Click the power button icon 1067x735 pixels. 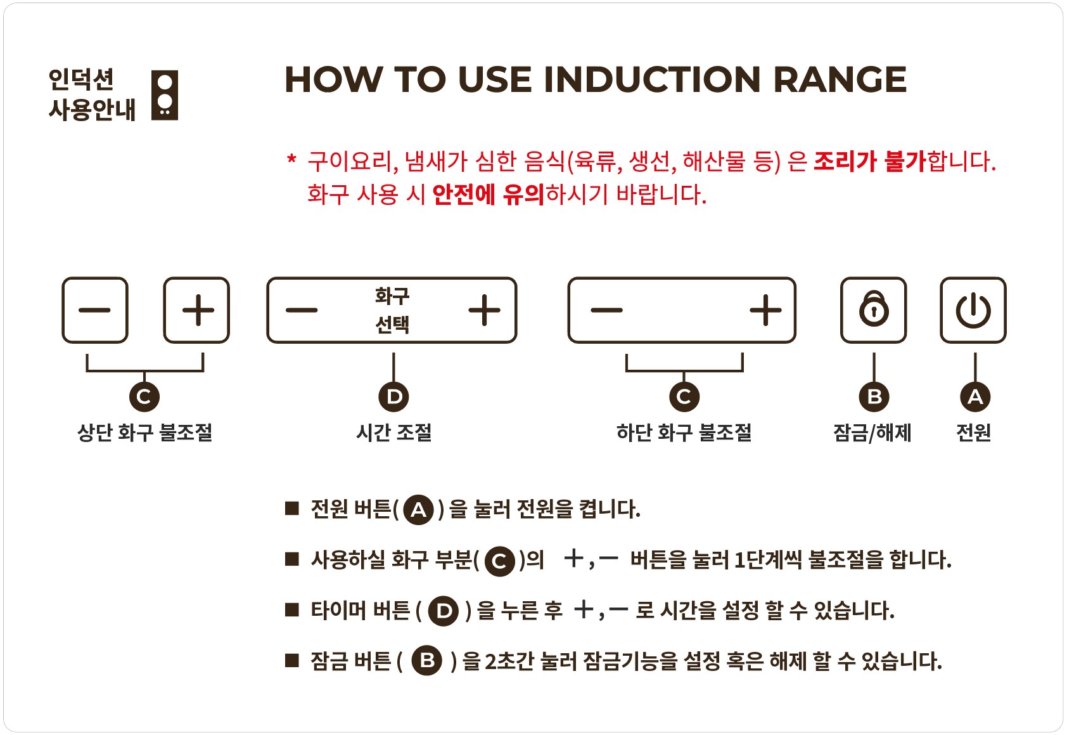[973, 310]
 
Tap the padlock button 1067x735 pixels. [874, 310]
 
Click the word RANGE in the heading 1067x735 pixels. [840, 79]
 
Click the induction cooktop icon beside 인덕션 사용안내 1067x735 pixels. [164, 95]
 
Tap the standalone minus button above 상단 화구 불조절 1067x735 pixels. [95, 310]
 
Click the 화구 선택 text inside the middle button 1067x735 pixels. [392, 310]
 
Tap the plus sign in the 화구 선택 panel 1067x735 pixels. [485, 310]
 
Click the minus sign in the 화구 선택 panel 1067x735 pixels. [302, 310]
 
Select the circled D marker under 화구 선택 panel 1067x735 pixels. [393, 396]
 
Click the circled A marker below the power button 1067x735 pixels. [974, 396]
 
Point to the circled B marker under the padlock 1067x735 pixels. [874, 396]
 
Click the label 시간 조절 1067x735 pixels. [394, 433]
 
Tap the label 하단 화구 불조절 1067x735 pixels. [684, 433]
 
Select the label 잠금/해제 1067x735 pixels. [872, 433]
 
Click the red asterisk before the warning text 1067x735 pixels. [291, 159]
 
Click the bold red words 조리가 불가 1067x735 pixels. [870, 161]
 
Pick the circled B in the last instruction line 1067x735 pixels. [427, 661]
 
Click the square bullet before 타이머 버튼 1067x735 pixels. [291, 609]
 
